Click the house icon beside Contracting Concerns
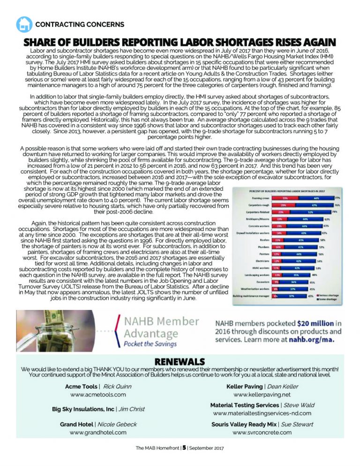24,23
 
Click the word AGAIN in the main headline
314,41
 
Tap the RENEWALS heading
180,362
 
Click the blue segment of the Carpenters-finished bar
310,212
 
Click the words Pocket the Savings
150,344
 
